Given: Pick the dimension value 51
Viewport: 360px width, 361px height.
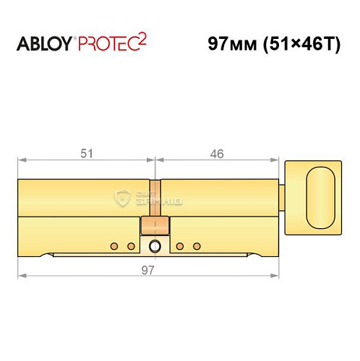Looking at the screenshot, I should point(85,153).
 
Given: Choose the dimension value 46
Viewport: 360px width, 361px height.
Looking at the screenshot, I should point(217,153).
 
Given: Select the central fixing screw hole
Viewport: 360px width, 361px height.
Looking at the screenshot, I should point(154,247).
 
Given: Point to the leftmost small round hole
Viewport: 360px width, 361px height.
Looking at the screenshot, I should point(113,247).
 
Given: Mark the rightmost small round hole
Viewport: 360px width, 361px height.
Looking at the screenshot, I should point(197,247).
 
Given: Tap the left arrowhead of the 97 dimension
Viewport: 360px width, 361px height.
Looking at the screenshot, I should point(22,276).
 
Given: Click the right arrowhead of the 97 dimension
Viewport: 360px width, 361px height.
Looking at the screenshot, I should point(276,276).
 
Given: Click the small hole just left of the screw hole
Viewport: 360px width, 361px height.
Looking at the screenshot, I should point(131,247).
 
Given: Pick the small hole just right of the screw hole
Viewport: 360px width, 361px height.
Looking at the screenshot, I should point(179,247).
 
